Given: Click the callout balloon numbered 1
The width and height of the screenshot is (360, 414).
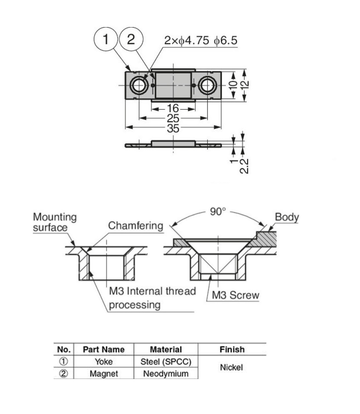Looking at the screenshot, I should [x=106, y=40].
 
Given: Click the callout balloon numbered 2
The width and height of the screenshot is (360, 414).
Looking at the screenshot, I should [x=131, y=40].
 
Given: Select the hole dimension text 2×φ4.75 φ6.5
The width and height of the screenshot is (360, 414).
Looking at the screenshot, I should [x=200, y=40].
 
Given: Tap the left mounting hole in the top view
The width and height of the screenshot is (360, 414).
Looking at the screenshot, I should [x=139, y=86].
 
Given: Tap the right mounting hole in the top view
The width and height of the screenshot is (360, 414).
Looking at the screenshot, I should [x=207, y=86].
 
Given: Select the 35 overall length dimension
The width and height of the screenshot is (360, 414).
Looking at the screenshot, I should [x=173, y=128].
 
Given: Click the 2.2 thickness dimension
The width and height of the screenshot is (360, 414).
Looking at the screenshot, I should [x=245, y=165].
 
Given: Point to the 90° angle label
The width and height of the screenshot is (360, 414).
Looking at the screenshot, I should [x=217, y=212].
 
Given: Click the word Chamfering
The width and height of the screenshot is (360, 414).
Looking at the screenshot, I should [x=136, y=226].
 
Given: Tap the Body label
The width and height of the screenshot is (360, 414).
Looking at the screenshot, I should [x=287, y=217].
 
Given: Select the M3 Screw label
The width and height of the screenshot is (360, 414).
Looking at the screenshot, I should [x=235, y=295].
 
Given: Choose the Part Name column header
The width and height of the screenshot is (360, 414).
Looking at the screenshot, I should [x=103, y=349].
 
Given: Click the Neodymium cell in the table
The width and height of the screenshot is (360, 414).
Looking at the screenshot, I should [x=165, y=374].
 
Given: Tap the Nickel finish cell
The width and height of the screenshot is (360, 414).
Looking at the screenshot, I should [x=232, y=367].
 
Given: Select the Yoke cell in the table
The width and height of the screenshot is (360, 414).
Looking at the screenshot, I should [x=103, y=362].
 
